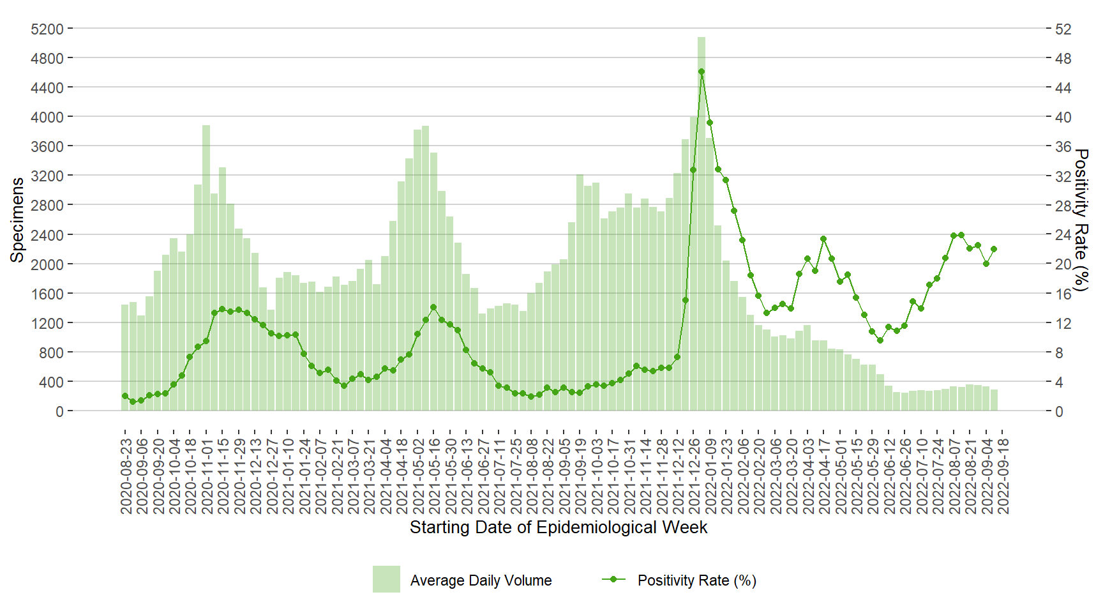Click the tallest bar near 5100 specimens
[701, 223]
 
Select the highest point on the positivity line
[701, 72]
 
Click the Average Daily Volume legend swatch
[386, 579]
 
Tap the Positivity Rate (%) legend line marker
[613, 579]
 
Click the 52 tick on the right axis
[1063, 29]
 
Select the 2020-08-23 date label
[126, 476]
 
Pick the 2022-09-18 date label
[1003, 476]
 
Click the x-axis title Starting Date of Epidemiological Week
[558, 527]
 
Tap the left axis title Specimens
[17, 220]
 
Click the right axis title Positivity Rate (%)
[1081, 220]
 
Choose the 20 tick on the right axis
[1063, 264]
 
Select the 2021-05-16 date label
[434, 476]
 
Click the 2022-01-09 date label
[710, 476]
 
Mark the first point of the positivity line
[125, 396]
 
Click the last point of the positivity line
[994, 249]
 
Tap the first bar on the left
[125, 358]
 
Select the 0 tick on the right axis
[1059, 411]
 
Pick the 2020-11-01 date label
[207, 476]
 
